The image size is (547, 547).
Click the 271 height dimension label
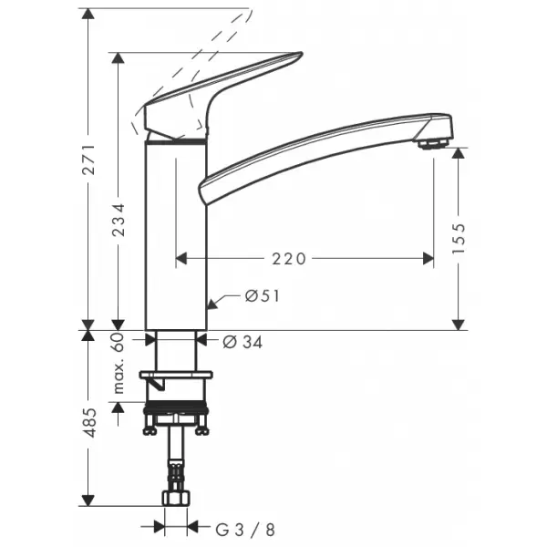pyautogui.click(x=88, y=159)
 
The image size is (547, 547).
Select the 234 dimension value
pyautogui.click(x=119, y=220)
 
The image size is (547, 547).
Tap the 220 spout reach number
pyautogui.click(x=289, y=259)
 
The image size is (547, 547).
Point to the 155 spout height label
pyautogui.click(x=459, y=239)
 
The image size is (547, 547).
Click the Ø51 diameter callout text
pyautogui.click(x=263, y=296)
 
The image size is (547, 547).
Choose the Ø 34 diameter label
pyautogui.click(x=243, y=342)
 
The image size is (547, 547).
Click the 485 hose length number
pyautogui.click(x=89, y=422)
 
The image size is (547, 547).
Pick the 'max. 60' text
pyautogui.click(x=119, y=363)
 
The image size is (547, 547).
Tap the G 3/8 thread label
pyautogui.click(x=245, y=530)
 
